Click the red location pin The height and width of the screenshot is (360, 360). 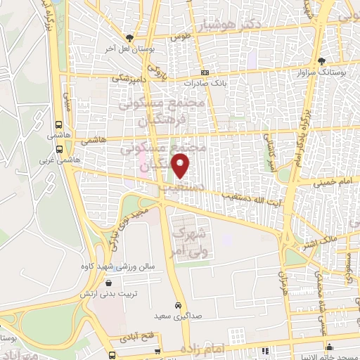pos(181,167)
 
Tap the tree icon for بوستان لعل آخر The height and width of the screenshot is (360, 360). pos(129,38)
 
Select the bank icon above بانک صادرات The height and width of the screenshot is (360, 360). pos(205,72)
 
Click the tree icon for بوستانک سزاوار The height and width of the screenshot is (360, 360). pos(321,60)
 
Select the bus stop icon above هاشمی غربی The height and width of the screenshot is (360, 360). pos(58,149)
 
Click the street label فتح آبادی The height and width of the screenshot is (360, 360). pos(139,335)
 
